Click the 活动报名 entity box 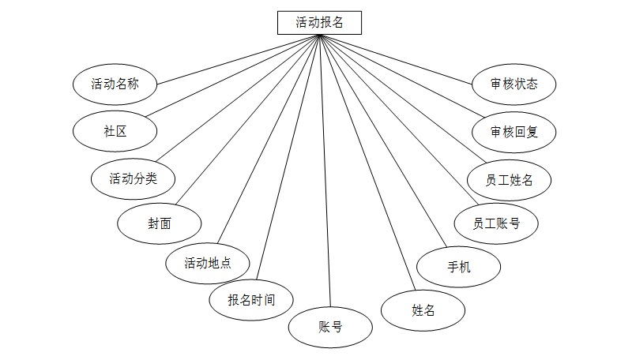click(319, 22)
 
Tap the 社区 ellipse click(115, 131)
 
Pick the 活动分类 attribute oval click(133, 178)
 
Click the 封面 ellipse click(159, 223)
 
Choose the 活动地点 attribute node click(208, 263)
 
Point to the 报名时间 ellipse click(251, 300)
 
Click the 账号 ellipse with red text click(330, 326)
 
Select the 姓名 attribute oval click(423, 310)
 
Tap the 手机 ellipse click(458, 267)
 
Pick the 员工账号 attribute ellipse click(496, 223)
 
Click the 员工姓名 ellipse click(510, 179)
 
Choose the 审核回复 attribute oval click(514, 131)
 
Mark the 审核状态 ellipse click(514, 84)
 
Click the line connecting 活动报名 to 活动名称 click(237, 58)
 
